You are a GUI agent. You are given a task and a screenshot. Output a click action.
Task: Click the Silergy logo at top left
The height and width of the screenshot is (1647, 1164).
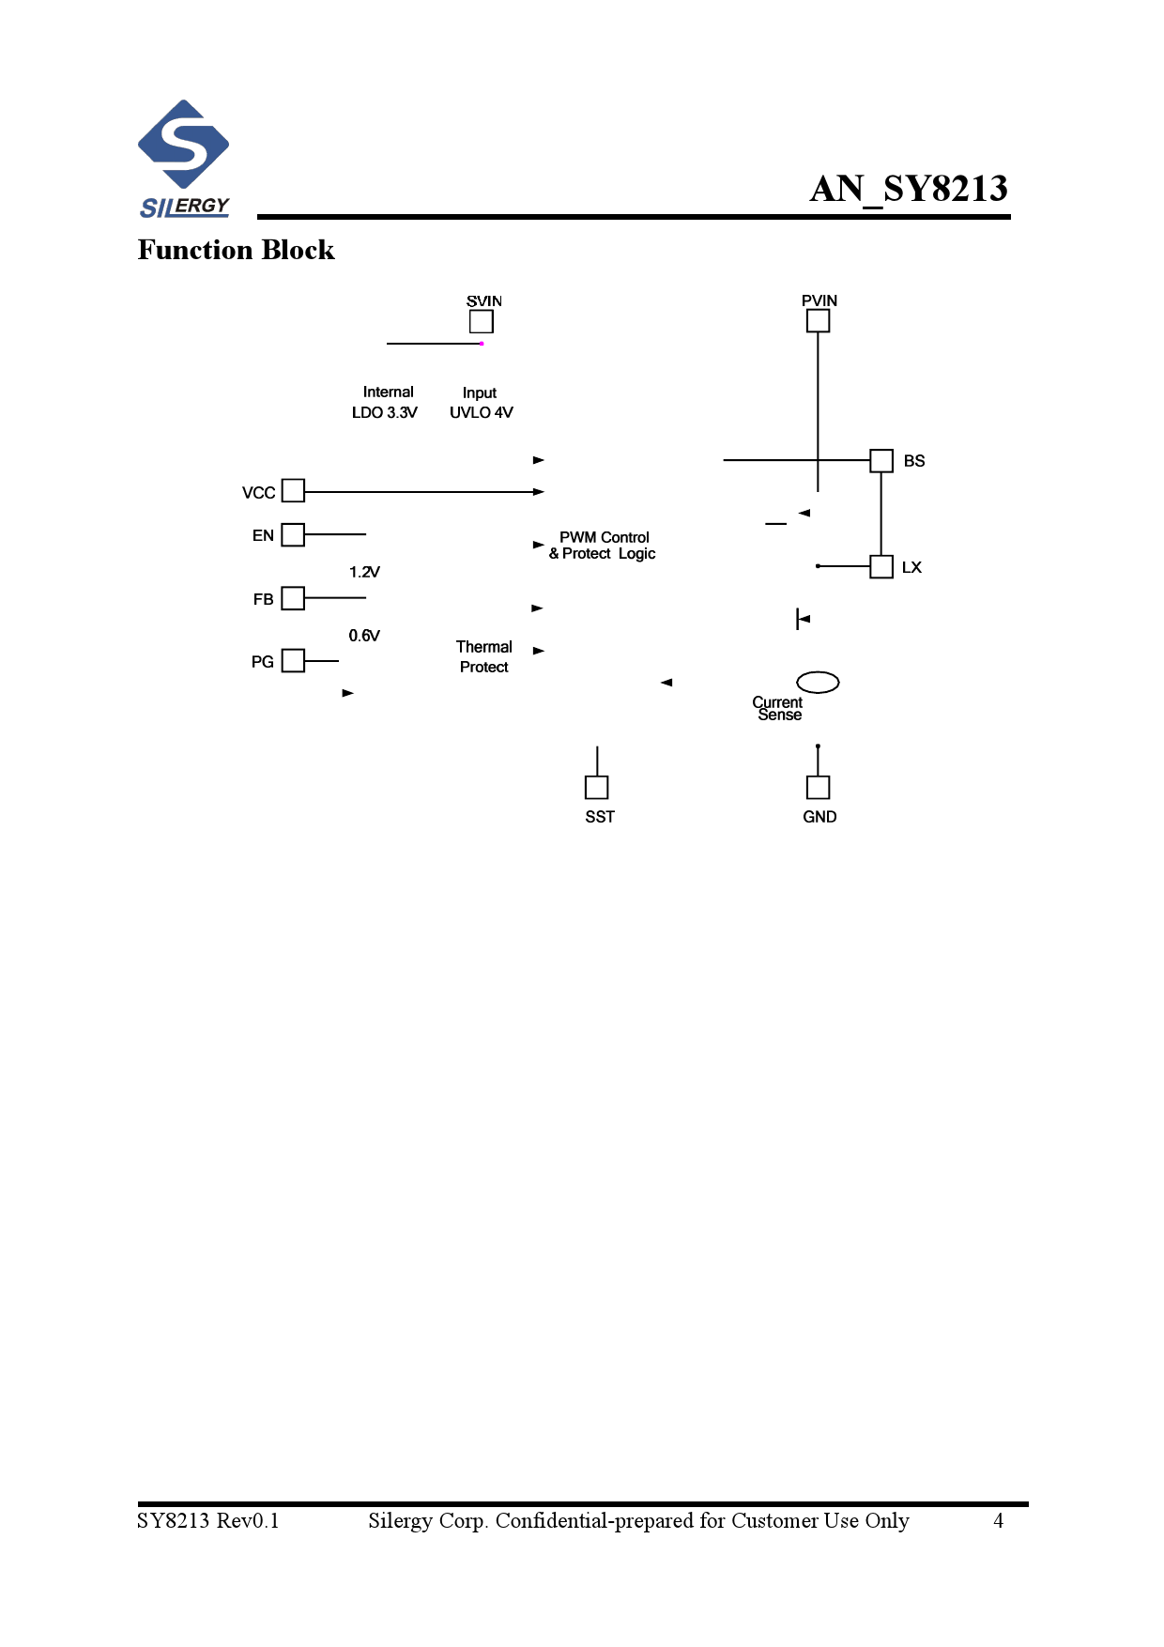point(184,159)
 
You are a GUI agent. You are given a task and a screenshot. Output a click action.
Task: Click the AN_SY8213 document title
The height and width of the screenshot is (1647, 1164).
point(908,189)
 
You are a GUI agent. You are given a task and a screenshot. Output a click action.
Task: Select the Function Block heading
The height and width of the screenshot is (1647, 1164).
point(236,250)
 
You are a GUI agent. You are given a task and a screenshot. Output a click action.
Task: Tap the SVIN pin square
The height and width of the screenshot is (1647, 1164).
point(482,321)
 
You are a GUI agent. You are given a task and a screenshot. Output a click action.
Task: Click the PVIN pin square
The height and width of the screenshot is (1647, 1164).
point(818,320)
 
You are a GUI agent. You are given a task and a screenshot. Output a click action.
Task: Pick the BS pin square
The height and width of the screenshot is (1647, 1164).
point(881,460)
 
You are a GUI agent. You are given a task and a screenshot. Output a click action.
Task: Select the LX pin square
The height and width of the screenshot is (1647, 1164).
point(881,566)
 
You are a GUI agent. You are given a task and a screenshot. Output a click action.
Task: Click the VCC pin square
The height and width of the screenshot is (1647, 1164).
point(293,490)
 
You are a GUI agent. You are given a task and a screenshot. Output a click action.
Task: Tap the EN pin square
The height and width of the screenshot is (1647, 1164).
point(293,534)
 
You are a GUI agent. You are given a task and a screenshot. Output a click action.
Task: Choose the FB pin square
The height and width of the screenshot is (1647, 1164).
point(293,598)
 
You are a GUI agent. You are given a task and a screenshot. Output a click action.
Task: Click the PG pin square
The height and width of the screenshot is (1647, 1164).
point(293,660)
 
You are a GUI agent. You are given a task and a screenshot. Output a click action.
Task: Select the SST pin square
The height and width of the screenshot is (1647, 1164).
point(596,787)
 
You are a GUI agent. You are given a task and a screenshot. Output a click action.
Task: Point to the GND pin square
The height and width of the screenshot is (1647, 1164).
point(818,787)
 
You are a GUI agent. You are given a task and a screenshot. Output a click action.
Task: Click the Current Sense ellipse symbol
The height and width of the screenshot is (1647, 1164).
point(817,682)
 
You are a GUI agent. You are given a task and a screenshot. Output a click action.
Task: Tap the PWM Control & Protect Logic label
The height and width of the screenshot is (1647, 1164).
point(604,546)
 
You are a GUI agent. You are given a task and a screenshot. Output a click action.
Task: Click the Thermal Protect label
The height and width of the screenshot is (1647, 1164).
point(484,656)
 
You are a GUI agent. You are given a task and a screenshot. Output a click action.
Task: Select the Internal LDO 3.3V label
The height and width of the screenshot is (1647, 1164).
point(386,402)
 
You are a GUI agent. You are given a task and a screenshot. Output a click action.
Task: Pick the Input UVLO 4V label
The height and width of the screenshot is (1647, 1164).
point(481,402)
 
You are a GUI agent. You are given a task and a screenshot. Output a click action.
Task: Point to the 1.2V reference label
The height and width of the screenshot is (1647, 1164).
point(364,572)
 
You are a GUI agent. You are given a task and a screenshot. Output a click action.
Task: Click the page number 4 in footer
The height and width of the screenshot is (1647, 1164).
point(998,1520)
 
